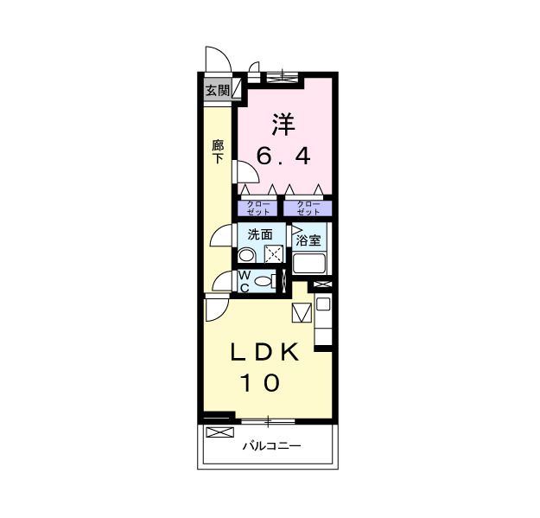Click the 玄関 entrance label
217,89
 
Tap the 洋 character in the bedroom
283,124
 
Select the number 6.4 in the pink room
283,157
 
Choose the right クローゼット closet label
307,208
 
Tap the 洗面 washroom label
261,234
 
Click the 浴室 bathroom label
308,240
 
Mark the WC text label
244,280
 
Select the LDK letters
264,352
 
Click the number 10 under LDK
259,382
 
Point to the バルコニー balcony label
270,446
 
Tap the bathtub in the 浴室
308,263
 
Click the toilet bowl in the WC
264,280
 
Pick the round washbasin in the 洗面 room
246,255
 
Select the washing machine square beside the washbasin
274,253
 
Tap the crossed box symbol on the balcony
219,432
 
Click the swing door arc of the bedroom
243,171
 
